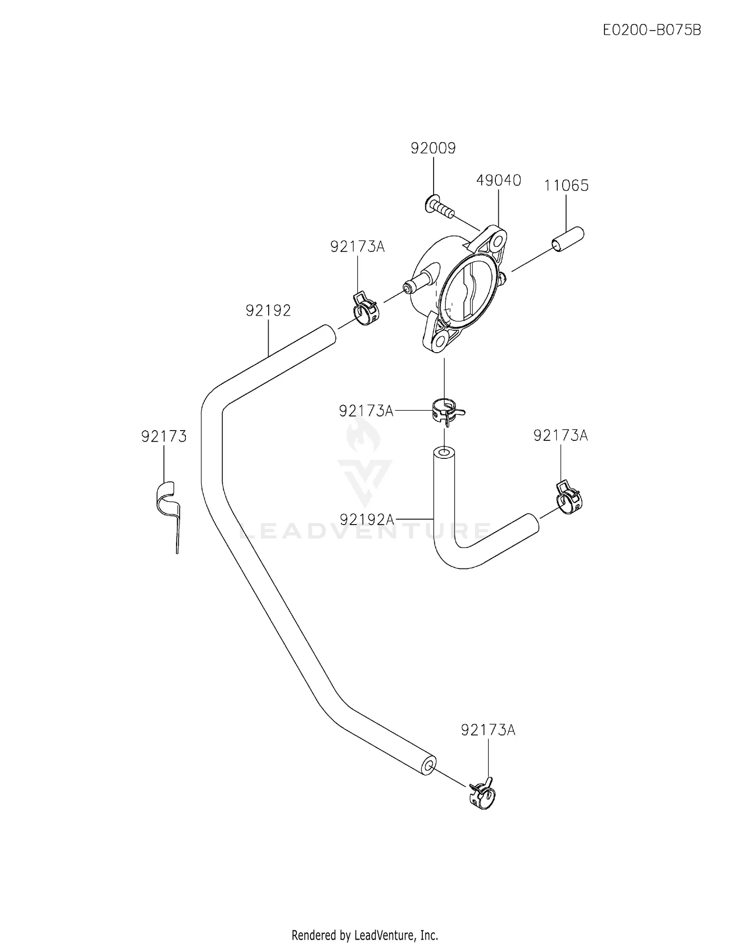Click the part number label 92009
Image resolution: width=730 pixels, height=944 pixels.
point(433,148)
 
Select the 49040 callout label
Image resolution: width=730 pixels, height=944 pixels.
point(498,180)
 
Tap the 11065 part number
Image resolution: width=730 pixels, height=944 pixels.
point(566,186)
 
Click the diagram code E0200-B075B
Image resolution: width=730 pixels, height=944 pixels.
point(652,30)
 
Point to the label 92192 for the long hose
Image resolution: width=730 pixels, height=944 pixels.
point(268,310)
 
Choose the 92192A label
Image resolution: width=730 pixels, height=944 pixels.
point(367,520)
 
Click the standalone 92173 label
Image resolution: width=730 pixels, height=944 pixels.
point(164,436)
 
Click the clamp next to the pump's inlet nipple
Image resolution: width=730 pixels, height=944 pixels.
point(365,309)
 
